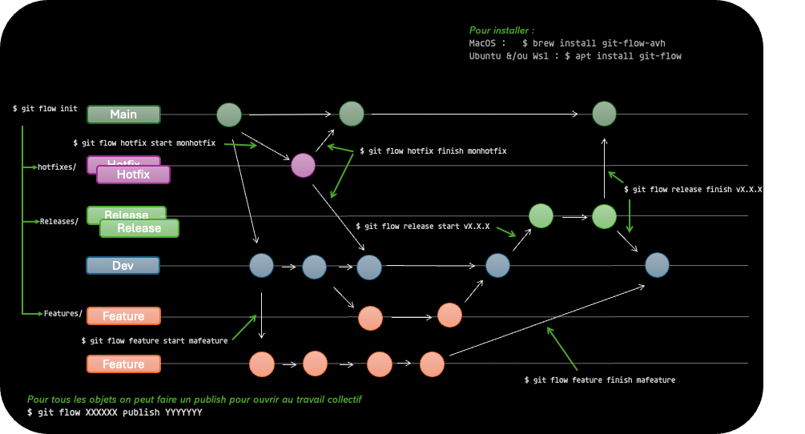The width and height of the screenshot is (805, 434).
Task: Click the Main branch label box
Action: (123, 115)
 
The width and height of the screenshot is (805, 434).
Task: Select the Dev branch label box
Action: (123, 266)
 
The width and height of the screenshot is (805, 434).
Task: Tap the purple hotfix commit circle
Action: (303, 165)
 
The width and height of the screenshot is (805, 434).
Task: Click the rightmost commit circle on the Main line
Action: (604, 114)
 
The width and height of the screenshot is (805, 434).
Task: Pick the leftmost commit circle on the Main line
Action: (229, 115)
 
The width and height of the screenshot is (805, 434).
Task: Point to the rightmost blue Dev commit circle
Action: (657, 265)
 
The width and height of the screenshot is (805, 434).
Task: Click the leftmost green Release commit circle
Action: (541, 215)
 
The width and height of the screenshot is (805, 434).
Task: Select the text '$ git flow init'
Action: (45, 108)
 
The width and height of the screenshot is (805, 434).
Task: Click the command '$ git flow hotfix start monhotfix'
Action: (144, 143)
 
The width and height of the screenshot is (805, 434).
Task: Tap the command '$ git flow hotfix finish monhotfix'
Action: (433, 151)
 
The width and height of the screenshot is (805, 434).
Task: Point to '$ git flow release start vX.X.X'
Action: (422, 227)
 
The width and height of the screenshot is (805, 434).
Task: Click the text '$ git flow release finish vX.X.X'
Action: (693, 190)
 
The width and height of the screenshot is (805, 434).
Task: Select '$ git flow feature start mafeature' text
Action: (154, 340)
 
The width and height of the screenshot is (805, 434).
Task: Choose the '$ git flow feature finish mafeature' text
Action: (599, 380)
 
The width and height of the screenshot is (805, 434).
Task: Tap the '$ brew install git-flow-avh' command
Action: (594, 43)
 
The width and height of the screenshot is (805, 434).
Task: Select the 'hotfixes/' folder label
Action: (57, 167)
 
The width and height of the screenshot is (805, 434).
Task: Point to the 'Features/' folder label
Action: (62, 313)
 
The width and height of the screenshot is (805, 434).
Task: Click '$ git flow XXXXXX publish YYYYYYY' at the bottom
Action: (115, 412)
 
